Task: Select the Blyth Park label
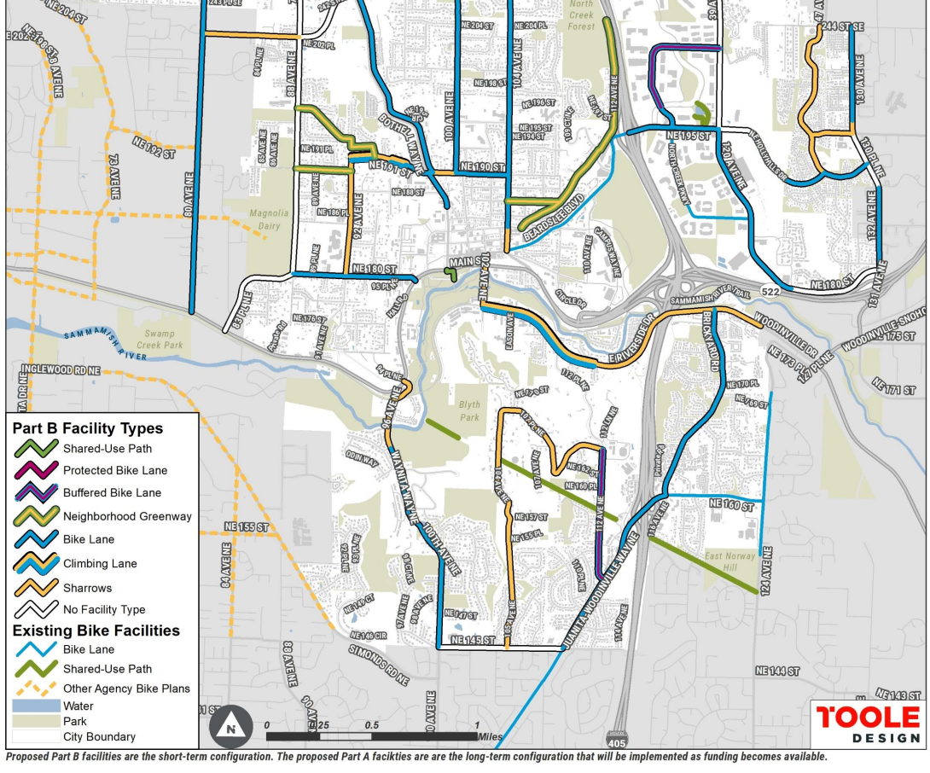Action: point(469,411)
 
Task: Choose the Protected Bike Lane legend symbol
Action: point(35,470)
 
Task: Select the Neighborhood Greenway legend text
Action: point(127,516)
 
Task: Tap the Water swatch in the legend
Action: point(36,706)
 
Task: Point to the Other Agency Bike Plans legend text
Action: point(126,688)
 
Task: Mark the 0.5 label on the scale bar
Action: point(372,725)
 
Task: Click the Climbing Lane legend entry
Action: point(99,563)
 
